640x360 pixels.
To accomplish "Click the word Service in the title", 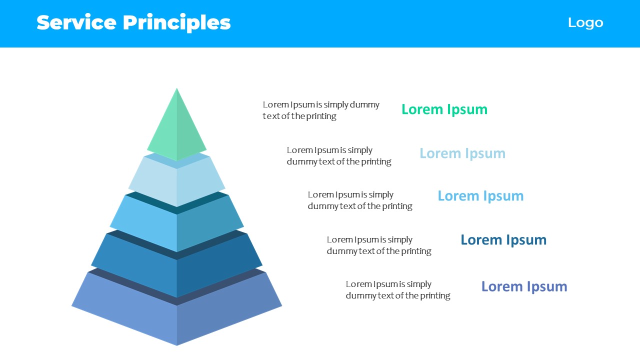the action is coord(76,22).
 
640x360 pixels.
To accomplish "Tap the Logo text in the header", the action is coord(585,23).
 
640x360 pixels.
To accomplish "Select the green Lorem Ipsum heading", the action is coord(444,109).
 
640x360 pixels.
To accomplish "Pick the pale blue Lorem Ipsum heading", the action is coord(462,153).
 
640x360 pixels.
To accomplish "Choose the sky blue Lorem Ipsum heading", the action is coord(480,196).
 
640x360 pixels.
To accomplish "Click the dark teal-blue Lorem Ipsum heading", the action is coord(503,240).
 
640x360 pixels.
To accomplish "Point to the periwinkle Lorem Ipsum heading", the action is coord(524,286).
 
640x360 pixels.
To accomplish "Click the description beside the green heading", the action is coord(321,110).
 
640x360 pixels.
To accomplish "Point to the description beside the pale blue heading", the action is coord(339,156).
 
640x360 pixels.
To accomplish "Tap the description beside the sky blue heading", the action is coord(360,200).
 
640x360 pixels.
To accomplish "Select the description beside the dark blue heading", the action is coord(379,245).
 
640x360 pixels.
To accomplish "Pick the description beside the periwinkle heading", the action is coord(398,289).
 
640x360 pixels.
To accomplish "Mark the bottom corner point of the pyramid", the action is coord(177,345).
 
